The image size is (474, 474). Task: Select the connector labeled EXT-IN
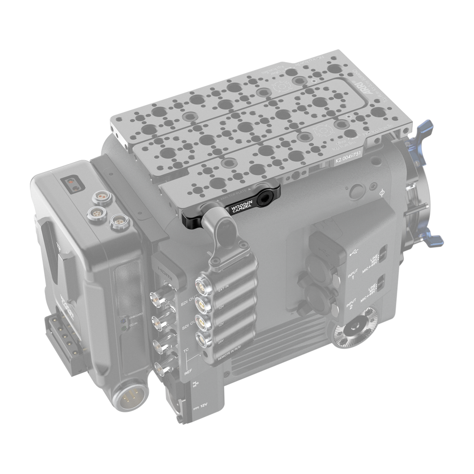pyautogui.click(x=201, y=285)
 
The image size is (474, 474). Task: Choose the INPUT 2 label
pyautogui.click(x=352, y=304)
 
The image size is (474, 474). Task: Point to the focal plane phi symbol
pyautogui.click(x=383, y=193)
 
